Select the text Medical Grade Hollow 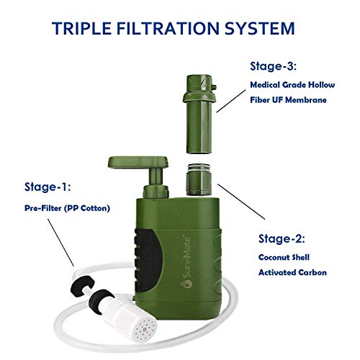(x=293, y=84)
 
